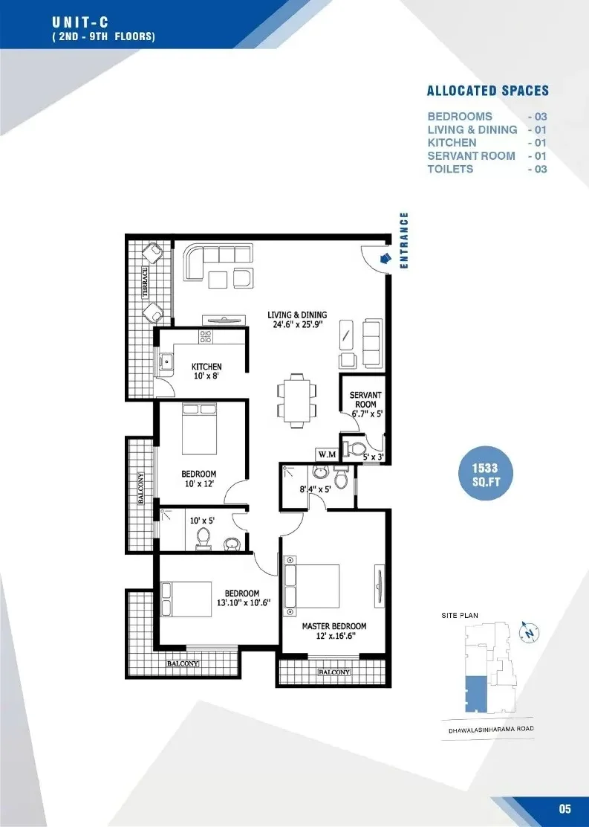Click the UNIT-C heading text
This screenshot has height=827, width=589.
pos(80,22)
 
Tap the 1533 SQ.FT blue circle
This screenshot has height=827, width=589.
pos(485,474)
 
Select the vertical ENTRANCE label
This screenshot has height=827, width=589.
pos(404,240)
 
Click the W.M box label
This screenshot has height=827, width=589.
pos(327,454)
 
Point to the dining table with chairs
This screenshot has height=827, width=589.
pos(298,400)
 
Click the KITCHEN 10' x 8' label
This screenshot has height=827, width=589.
pos(206,371)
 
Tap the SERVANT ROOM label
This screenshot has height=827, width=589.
pos(365,399)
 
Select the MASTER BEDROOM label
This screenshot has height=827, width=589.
pos(334,626)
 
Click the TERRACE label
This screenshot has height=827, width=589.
pos(145,283)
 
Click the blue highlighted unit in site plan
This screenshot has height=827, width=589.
pos(476,694)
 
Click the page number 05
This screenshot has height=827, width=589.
pos(564,808)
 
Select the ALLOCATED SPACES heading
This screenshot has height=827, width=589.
pos(488,91)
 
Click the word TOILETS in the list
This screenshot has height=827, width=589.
pos(450,170)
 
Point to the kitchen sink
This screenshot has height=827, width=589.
pos(166,362)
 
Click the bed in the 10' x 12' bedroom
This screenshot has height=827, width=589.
pos(199,428)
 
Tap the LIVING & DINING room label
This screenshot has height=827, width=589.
pos(297,315)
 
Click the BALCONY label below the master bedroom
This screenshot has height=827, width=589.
pos(334,672)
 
